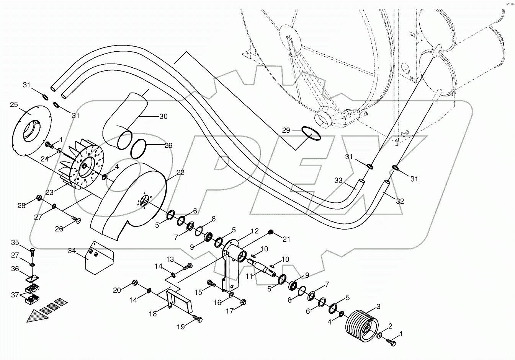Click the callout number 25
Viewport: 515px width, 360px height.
[x=14, y=104]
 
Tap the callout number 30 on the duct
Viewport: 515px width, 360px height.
[x=163, y=116]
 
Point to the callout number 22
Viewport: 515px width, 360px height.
[x=180, y=173]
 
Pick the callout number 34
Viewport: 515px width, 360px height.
[x=72, y=251]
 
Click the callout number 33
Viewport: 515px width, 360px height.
[x=338, y=180]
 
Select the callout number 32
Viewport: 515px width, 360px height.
[x=400, y=201]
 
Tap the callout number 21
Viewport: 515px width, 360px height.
[x=286, y=239]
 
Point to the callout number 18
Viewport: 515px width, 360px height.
[x=153, y=314]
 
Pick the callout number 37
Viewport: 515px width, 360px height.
[x=15, y=295]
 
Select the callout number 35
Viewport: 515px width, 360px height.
[x=15, y=243]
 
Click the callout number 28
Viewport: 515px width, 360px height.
[x=21, y=205]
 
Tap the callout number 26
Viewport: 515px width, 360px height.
[x=59, y=229]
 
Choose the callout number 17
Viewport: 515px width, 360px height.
[x=230, y=311]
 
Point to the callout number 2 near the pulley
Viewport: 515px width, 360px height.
[x=390, y=326]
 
